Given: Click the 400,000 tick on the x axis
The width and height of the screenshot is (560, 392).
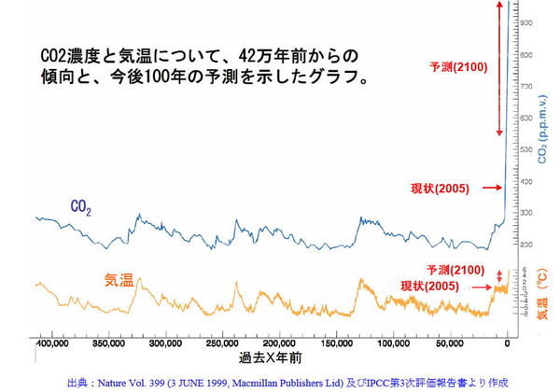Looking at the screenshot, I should point(50,344).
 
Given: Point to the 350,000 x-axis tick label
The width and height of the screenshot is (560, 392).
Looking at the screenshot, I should point(110,344).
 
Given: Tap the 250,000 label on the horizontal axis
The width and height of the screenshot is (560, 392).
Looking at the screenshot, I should point(221,344).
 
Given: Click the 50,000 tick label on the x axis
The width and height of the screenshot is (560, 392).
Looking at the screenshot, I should point(449,344).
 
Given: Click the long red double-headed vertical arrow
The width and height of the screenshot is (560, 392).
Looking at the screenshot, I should point(500,70).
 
